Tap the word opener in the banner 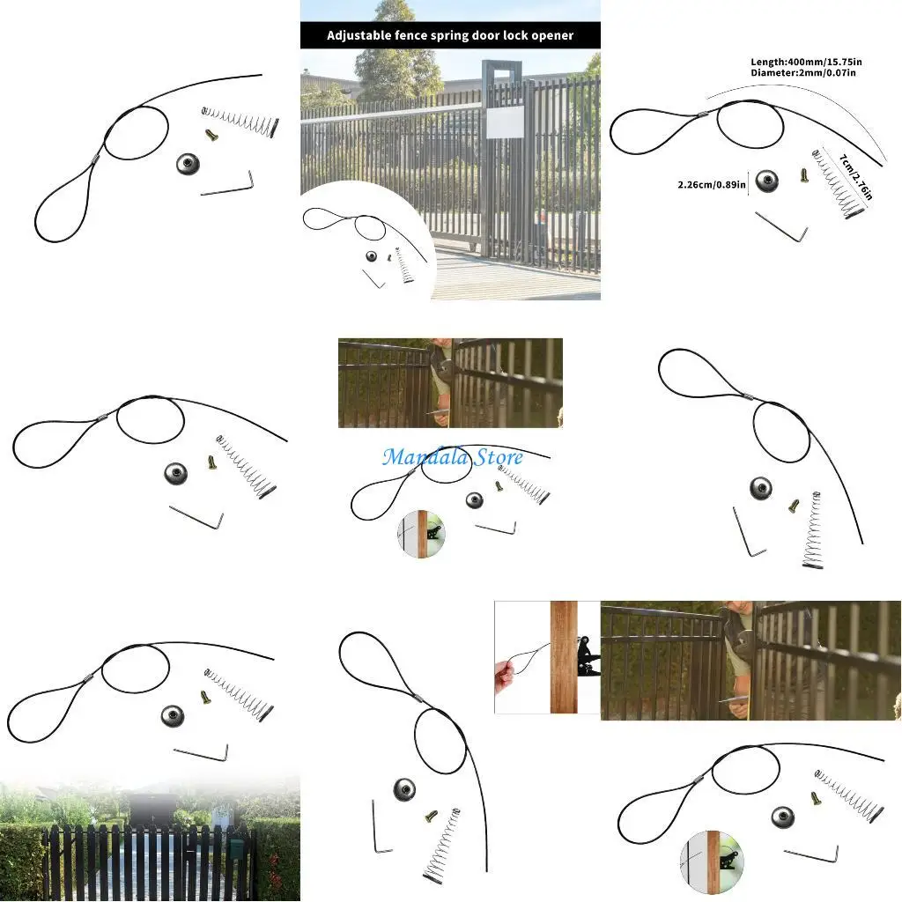click(x=553, y=36)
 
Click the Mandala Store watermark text click(x=452, y=457)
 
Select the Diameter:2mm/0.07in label click(x=803, y=73)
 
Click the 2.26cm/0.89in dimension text click(x=712, y=185)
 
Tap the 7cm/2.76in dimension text click(x=855, y=177)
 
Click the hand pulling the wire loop click(x=506, y=679)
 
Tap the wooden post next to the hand click(x=564, y=657)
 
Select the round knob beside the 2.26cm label click(x=766, y=182)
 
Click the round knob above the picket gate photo click(x=173, y=715)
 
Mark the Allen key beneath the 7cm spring click(x=782, y=227)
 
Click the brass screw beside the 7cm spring click(x=804, y=175)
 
